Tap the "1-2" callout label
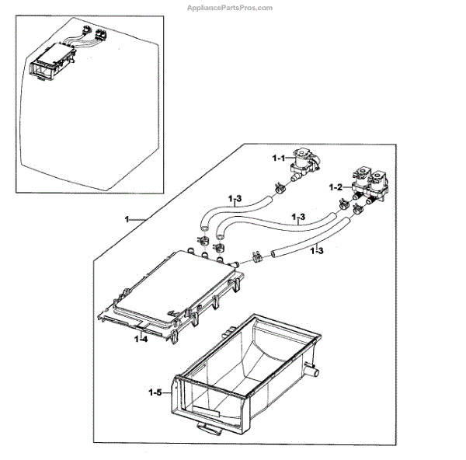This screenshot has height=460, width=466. (336, 186)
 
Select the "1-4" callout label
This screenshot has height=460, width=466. (141, 340)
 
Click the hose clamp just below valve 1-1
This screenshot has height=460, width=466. (277, 186)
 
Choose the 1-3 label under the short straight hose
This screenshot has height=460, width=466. (316, 250)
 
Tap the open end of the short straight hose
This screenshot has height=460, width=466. (273, 254)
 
